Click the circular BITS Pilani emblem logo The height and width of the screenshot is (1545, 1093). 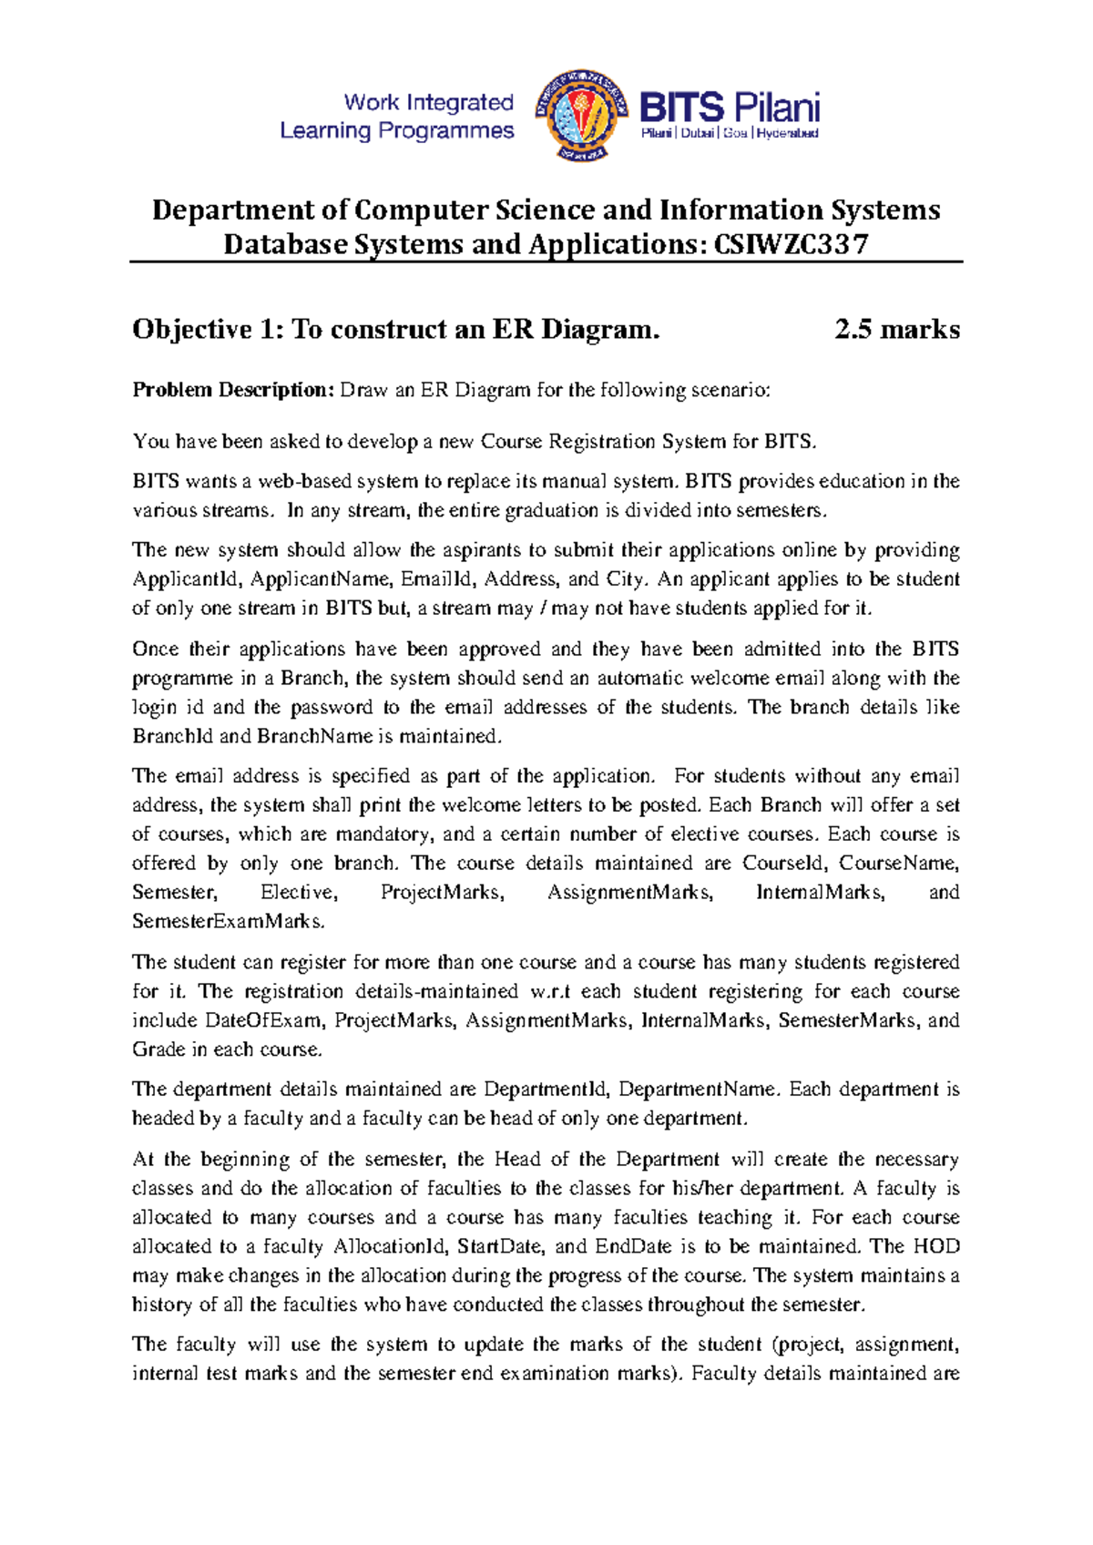tap(582, 115)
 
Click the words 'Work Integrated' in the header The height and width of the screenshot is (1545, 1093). tap(428, 102)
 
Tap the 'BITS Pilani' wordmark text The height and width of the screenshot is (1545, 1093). tap(730, 107)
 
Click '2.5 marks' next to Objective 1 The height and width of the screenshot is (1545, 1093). tap(896, 329)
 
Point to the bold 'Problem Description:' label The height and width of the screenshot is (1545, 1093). tap(233, 390)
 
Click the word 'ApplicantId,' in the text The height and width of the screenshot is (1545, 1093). tap(188, 579)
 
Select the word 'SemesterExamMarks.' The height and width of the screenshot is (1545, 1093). tap(228, 921)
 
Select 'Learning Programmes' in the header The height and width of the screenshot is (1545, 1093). tap(396, 131)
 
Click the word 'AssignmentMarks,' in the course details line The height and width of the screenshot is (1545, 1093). tap(630, 892)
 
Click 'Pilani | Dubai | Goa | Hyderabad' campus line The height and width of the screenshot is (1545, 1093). tap(730, 133)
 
